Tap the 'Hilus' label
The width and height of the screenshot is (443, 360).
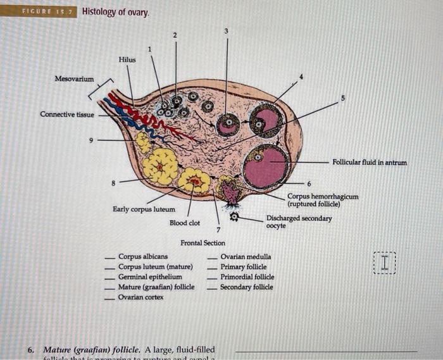tap(127, 59)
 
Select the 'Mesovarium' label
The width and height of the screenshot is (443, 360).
tap(74, 79)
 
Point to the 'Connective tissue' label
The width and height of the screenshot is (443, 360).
tap(66, 114)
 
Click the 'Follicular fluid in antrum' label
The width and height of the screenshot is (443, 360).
tap(370, 163)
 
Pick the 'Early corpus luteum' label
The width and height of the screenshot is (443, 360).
tap(144, 209)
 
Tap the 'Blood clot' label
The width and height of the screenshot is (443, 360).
tap(185, 223)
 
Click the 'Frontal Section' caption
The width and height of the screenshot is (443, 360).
tap(203, 243)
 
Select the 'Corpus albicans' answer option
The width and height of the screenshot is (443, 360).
tap(143, 257)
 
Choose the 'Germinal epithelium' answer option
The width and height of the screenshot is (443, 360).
tap(150, 277)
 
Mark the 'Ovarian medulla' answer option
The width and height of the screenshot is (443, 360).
tap(246, 257)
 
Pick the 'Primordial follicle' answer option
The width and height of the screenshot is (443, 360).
tap(247, 277)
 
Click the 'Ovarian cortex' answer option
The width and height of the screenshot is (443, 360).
tap(141, 297)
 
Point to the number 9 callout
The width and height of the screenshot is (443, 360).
tap(91, 140)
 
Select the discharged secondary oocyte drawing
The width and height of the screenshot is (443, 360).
tap(234, 216)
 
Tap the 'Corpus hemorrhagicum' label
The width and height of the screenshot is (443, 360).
tap(323, 197)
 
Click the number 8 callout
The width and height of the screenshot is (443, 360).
tap(114, 182)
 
